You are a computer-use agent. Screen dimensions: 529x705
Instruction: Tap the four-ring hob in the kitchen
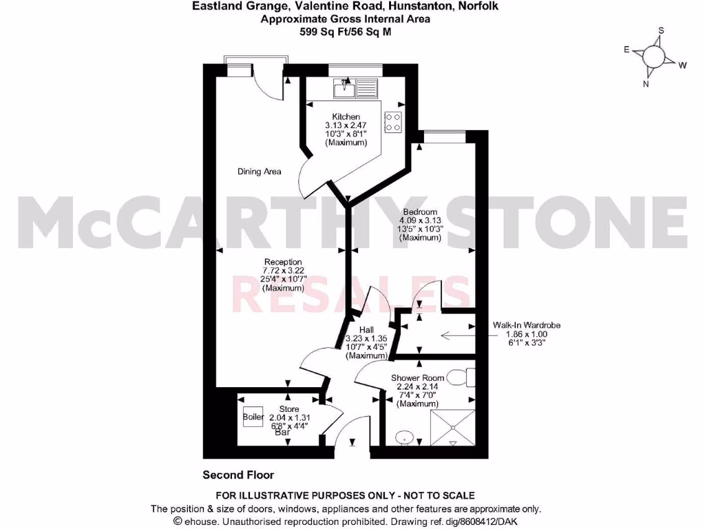[x=393, y=122]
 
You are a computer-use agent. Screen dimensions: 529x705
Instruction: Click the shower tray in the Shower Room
[x=452, y=428]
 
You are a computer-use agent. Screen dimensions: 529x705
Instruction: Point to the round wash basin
[x=404, y=438]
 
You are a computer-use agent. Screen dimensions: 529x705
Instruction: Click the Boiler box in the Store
[x=253, y=417]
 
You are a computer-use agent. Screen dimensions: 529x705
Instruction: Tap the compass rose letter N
[x=646, y=84]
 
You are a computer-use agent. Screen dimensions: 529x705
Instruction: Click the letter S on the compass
[x=661, y=31]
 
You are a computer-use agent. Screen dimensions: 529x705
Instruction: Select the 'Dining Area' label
[x=259, y=172]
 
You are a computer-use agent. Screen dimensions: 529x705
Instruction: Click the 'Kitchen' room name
[x=346, y=117]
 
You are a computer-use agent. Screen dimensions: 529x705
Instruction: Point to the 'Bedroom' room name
[x=419, y=211]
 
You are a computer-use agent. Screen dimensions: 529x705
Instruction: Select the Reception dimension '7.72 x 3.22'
[x=283, y=271]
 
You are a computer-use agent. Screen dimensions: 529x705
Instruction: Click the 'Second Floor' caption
[x=238, y=475]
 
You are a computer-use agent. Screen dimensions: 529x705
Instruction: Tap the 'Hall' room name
[x=367, y=331]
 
